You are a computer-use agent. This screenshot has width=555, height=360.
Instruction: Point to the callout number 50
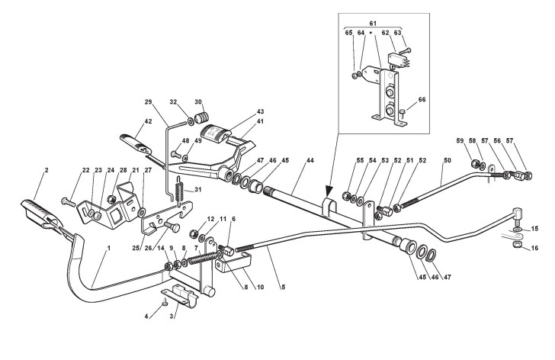pyautogui.click(x=447, y=162)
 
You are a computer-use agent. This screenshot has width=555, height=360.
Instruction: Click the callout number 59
pyautogui.click(x=460, y=140)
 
